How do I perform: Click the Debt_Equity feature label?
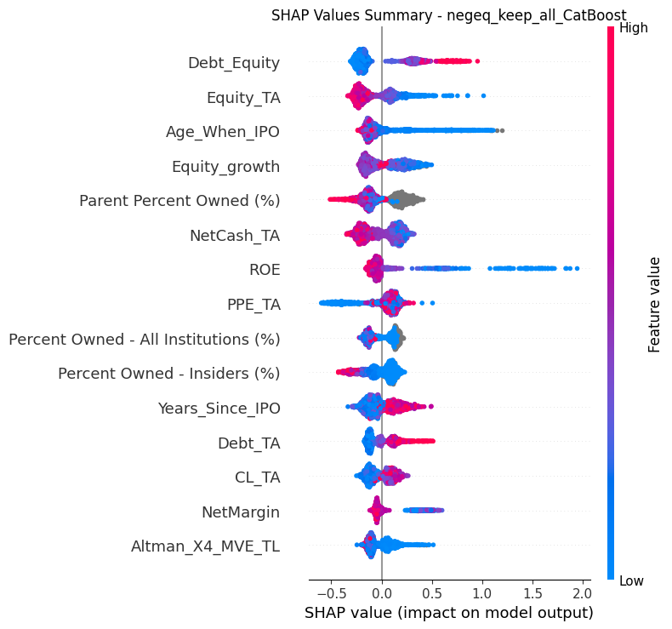click(234, 63)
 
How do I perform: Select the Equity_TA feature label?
click(243, 98)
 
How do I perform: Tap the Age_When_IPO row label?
click(223, 132)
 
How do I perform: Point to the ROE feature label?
click(265, 270)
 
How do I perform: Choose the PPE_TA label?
click(253, 305)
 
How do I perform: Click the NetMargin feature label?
click(241, 512)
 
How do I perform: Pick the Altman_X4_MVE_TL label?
click(206, 546)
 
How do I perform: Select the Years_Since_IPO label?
click(219, 409)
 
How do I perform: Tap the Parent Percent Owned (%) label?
click(180, 201)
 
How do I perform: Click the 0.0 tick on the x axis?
click(381, 593)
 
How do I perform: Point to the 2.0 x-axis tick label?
click(582, 593)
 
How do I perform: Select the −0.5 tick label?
click(331, 593)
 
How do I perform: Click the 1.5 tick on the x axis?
click(532, 593)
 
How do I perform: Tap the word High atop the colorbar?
click(634, 28)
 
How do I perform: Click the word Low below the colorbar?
click(632, 581)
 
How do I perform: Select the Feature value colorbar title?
click(654, 305)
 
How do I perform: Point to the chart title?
click(449, 15)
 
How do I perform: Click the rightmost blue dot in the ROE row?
click(577, 268)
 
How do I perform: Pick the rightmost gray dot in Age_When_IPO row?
click(502, 130)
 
